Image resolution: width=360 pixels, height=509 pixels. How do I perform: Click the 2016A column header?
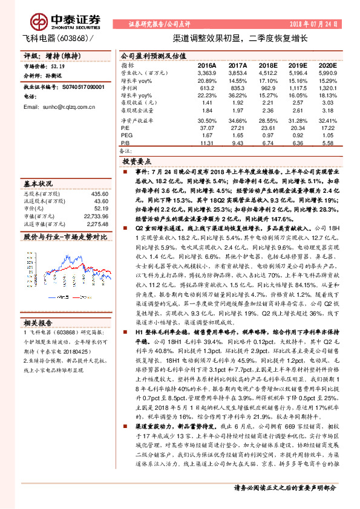(207, 64)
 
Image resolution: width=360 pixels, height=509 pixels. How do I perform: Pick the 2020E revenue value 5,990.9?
(326, 72)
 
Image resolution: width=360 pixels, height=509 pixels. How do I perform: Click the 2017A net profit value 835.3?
(237, 88)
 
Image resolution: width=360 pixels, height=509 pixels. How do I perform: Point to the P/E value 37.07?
(207, 128)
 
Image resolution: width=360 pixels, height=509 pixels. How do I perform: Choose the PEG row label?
(126, 136)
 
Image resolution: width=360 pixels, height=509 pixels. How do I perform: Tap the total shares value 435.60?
(99, 193)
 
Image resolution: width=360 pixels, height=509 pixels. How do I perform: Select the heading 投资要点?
(137, 162)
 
